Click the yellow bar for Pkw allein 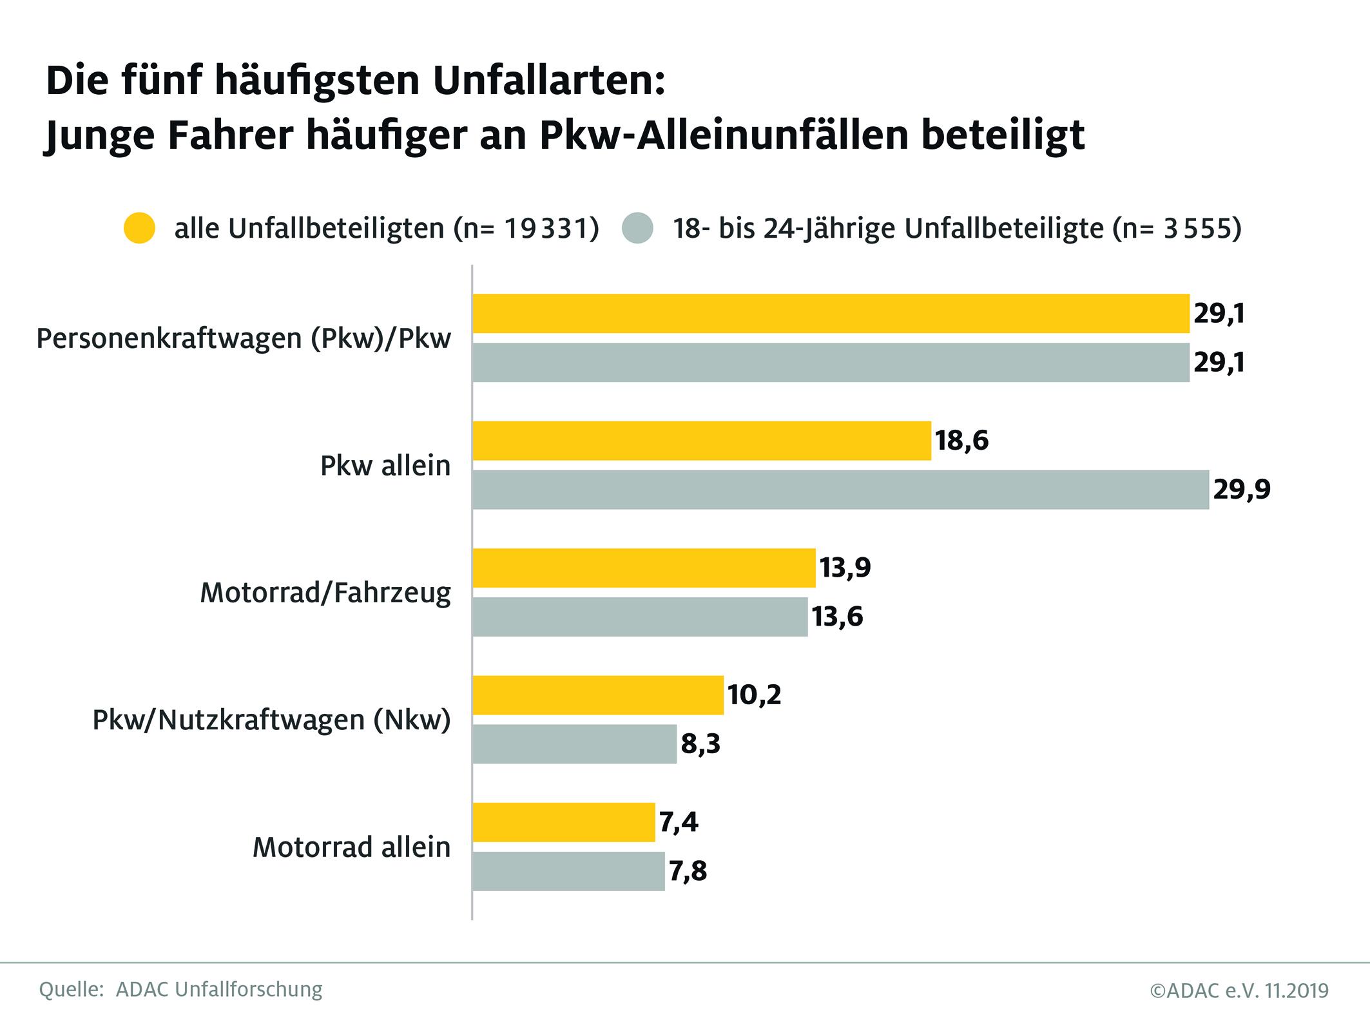coord(701,441)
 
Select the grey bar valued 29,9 coord(840,490)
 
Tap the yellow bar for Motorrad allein coord(563,822)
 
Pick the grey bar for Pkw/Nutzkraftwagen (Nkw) coord(574,744)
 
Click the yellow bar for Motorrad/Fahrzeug coord(644,568)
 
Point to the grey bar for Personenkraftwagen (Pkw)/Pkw coord(831,363)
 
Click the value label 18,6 coord(961,441)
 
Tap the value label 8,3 coord(700,744)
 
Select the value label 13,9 coord(845,568)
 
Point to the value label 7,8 coord(688,871)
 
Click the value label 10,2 coord(754,695)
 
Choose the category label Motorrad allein coord(351,847)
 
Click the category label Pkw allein coord(385,465)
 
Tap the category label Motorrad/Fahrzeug coord(325,592)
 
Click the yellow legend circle coord(139,228)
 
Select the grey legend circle coord(638,228)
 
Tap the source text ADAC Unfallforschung coord(219,989)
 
